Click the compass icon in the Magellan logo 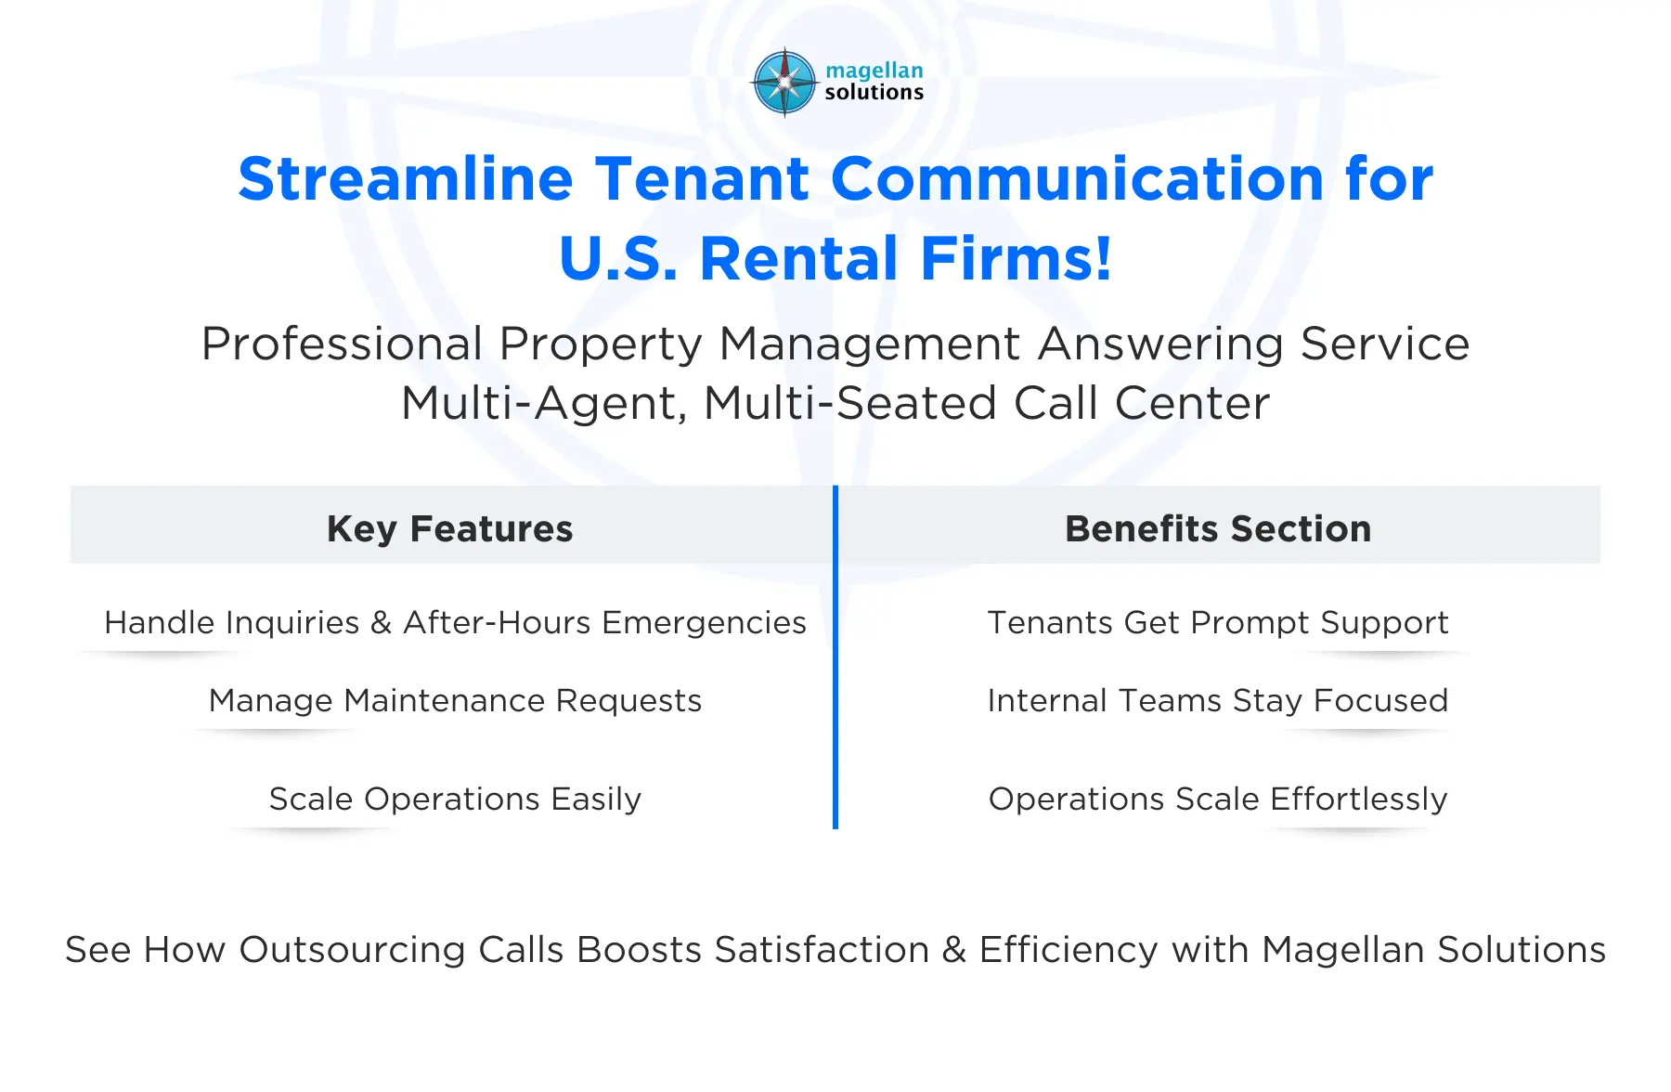point(784,83)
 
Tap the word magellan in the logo point(874,71)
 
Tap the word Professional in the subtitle point(341,344)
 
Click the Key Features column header point(450,528)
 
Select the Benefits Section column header point(1217,528)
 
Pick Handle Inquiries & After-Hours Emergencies point(455,622)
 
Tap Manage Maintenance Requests point(455,700)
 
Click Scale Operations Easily point(455,799)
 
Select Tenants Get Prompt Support point(1217,622)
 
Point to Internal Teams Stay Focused point(1217,700)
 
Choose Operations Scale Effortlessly point(1217,799)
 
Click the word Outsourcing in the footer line point(352,950)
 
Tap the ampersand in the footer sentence point(953,950)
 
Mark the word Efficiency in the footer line point(1069,950)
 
